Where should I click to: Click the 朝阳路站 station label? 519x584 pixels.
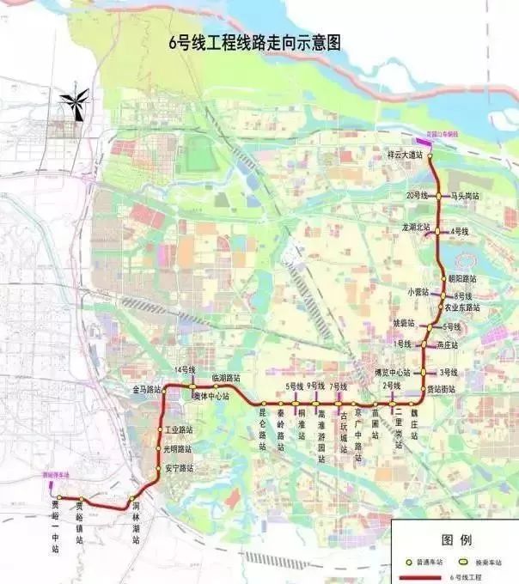tap(462, 279)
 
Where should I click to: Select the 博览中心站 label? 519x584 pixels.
tap(393, 372)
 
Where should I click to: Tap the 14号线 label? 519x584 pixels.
tap(184, 369)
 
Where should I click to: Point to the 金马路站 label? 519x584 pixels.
tap(147, 389)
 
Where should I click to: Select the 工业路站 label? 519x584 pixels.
tap(179, 429)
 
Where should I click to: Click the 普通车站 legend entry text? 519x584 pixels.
tap(430, 561)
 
